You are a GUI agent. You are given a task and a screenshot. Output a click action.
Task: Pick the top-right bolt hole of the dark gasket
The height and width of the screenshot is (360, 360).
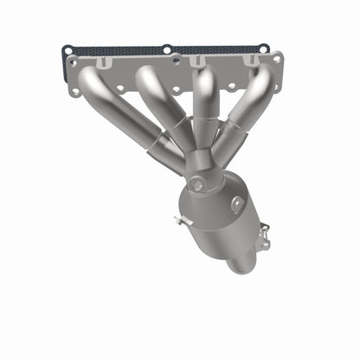[263, 48]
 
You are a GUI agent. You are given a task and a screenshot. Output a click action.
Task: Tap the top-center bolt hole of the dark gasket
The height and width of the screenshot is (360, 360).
[166, 49]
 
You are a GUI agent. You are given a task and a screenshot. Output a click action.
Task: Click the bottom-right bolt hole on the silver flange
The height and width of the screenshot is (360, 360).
[274, 87]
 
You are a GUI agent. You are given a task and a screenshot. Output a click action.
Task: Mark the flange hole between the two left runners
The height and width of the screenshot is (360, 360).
[130, 88]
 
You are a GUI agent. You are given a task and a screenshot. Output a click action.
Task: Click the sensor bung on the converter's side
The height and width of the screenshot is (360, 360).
[237, 202]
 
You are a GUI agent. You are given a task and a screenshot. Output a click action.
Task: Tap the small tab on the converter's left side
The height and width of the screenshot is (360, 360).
[179, 222]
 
